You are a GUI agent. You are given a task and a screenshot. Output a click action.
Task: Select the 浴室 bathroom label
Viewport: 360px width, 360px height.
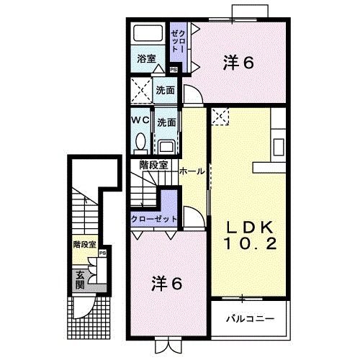pos(146,59)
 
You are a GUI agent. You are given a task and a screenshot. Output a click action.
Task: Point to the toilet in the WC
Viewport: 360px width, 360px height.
pos(142,140)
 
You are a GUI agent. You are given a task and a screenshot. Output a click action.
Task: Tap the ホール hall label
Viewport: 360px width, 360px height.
pos(191,171)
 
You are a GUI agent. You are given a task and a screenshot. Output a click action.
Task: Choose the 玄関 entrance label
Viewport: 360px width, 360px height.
pos(80,276)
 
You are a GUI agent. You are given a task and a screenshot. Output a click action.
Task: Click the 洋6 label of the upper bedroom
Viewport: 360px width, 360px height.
pos(238,64)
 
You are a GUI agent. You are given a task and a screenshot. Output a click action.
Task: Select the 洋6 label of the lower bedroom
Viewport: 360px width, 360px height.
pos(166,283)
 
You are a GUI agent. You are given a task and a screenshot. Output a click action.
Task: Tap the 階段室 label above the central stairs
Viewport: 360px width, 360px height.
pos(153,164)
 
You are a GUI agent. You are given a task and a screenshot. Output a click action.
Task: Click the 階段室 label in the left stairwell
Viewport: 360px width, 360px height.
pos(84,245)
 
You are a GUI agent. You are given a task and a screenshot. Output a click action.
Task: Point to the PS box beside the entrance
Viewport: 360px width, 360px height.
pos(103,253)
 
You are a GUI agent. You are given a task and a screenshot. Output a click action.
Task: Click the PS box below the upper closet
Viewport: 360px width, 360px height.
pos(174,70)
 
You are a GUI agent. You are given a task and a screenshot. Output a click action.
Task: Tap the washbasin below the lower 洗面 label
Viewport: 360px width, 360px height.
pos(166,144)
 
